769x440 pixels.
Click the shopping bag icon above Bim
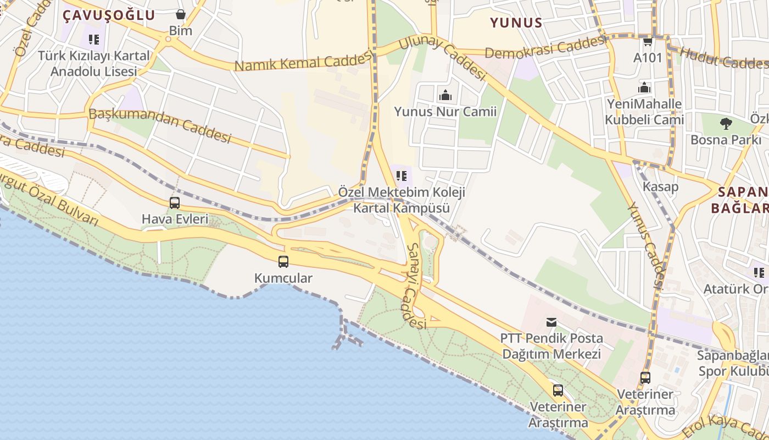[x=181, y=14]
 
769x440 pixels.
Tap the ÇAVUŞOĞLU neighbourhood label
[x=109, y=15]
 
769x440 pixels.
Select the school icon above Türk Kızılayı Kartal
[x=94, y=40]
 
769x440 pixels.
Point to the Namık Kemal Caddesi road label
[x=304, y=61]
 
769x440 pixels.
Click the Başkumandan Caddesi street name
[x=160, y=125]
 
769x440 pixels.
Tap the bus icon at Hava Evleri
[x=175, y=203]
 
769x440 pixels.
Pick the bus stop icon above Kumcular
[x=283, y=262]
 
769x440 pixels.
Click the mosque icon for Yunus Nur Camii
[x=445, y=95]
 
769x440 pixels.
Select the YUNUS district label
[x=516, y=23]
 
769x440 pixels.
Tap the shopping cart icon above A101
[x=648, y=42]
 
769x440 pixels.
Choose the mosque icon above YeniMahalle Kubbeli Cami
[x=644, y=87]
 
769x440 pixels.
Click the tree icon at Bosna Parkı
[x=726, y=124]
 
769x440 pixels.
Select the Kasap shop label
[x=660, y=186]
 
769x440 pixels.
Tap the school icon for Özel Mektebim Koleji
[x=402, y=176]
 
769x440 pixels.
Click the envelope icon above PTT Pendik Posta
[x=551, y=322]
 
